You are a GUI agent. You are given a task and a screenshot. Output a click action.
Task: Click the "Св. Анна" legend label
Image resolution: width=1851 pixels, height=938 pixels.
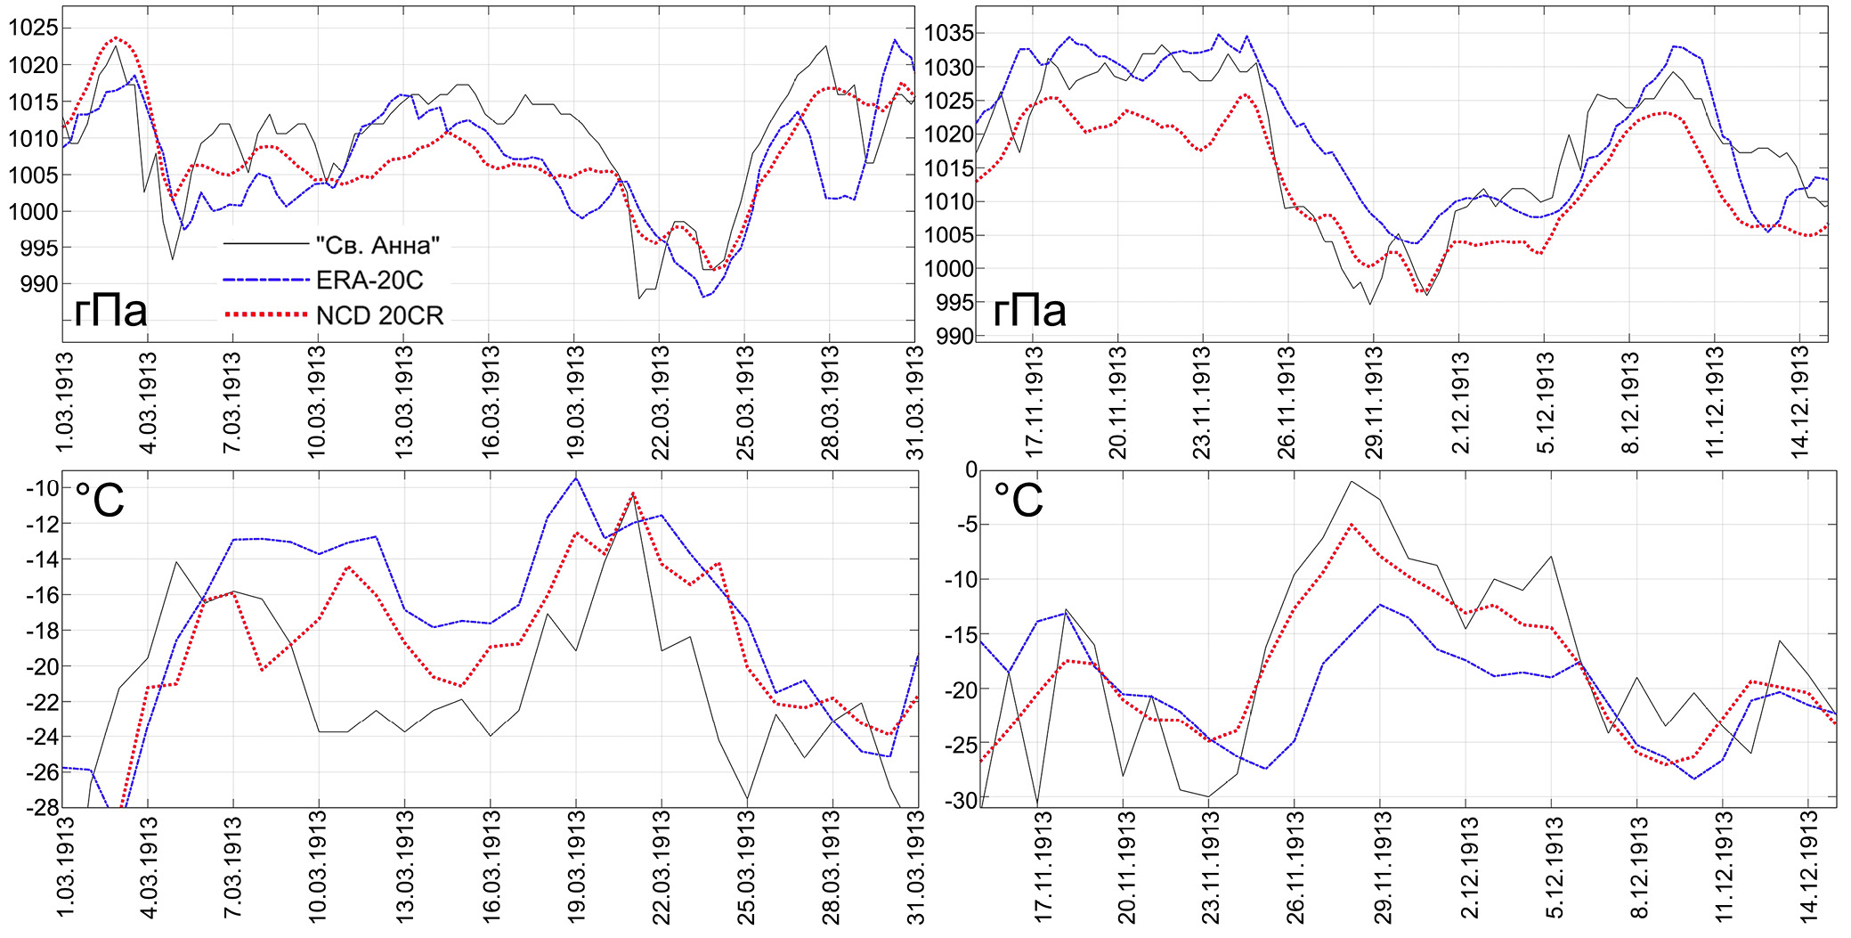point(378,245)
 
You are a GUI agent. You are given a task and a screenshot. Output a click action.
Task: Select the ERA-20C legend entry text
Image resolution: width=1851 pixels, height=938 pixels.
point(369,281)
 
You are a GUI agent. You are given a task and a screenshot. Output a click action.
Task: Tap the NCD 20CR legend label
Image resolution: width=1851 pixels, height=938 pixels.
point(379,315)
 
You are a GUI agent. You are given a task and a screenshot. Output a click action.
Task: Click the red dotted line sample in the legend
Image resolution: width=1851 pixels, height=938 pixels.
point(265,315)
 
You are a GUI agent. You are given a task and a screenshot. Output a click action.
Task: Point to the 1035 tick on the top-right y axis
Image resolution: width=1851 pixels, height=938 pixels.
point(948,34)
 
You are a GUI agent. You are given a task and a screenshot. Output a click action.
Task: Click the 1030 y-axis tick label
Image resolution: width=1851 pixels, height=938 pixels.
point(948,68)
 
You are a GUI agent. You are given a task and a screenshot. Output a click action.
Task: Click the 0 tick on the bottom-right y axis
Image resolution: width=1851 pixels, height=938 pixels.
point(971,470)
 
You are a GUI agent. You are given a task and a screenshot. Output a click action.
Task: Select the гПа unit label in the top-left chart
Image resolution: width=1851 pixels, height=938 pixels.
point(110,311)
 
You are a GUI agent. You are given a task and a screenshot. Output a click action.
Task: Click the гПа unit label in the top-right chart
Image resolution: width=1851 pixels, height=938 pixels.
point(1029,311)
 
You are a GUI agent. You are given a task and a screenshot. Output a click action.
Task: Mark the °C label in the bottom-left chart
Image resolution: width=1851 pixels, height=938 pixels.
point(100,500)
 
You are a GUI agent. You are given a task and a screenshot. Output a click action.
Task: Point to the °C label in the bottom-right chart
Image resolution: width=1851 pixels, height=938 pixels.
point(1019,500)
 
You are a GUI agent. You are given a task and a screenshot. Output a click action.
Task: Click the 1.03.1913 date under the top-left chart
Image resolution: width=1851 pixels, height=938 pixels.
point(65,402)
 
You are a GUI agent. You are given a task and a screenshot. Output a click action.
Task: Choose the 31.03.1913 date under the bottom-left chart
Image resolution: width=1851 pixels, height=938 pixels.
point(915,869)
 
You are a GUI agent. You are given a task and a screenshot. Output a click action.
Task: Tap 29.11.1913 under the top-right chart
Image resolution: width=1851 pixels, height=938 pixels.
point(1375,402)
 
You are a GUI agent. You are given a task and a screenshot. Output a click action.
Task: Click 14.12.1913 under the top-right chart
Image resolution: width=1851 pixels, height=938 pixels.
point(1800,402)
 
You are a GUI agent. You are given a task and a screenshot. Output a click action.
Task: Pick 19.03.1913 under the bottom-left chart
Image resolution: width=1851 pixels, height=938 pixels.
point(576,869)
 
